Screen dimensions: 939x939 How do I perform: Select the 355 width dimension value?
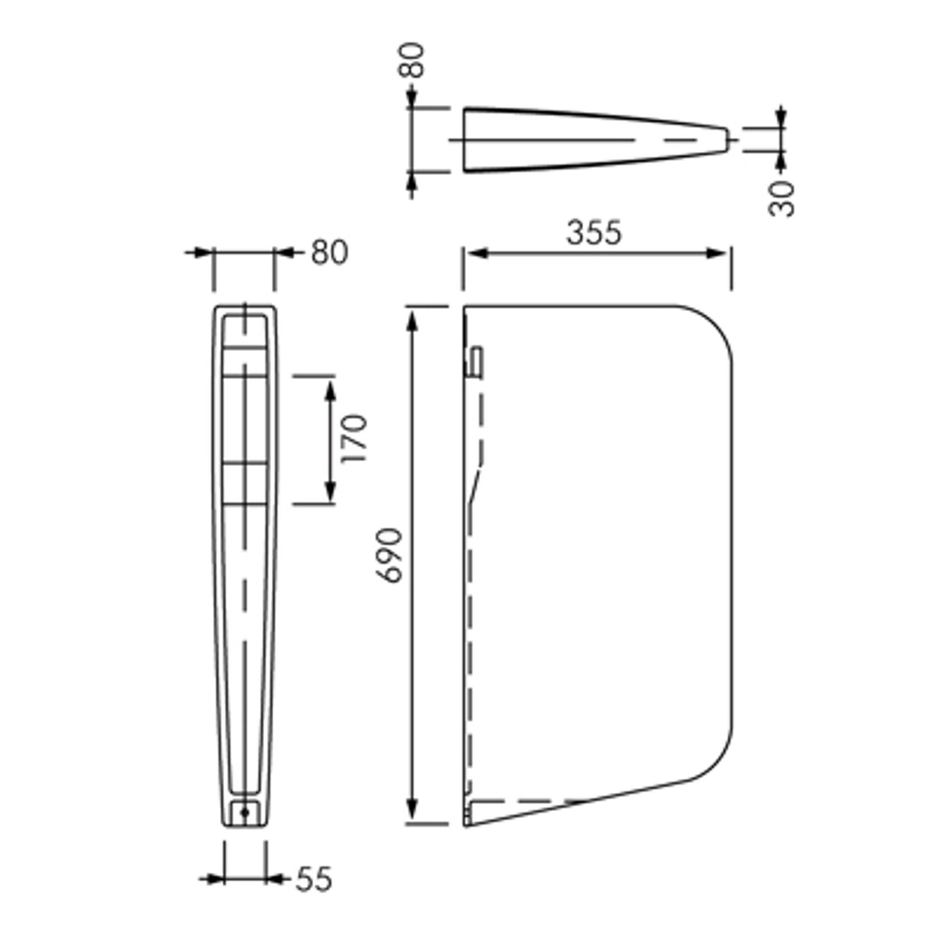coord(594,233)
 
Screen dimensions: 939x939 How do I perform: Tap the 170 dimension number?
coord(355,439)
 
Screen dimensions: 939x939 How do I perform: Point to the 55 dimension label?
coord(314,879)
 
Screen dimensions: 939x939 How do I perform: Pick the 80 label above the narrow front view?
coord(329,253)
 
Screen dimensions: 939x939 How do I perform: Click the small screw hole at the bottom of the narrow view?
coord(245,812)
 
